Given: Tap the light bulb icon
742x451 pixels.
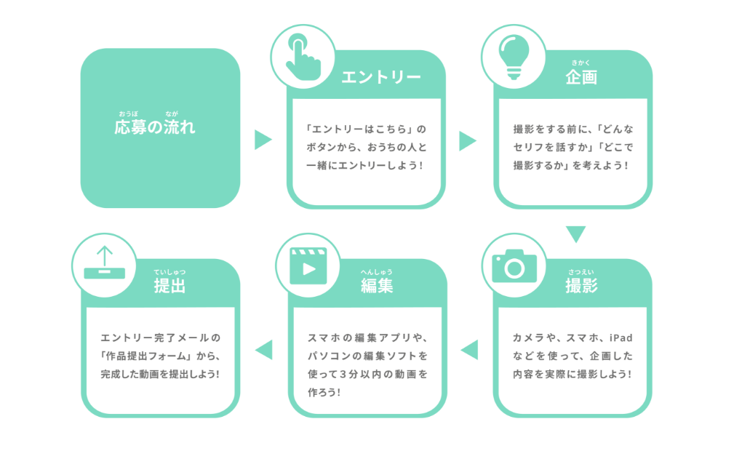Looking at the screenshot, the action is point(514,57).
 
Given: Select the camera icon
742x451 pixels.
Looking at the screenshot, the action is point(514,266).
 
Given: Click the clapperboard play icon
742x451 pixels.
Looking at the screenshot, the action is point(308,266).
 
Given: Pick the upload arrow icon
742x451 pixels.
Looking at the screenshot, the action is point(105,263).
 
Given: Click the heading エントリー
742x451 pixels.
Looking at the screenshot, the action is point(381,77).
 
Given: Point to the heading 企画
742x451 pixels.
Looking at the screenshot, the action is point(581,77).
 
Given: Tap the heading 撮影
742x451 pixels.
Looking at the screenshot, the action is point(581,286).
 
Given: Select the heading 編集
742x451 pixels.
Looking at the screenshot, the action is point(377,286).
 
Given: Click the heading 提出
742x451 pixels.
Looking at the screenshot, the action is point(170,286).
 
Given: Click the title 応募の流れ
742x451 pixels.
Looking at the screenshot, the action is point(155,127).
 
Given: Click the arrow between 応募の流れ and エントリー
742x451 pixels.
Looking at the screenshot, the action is point(263,140).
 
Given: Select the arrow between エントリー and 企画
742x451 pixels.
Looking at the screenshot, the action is point(468,141).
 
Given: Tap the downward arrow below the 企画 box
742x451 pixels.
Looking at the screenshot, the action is point(576,234).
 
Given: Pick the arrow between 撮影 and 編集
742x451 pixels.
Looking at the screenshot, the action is point(469,350).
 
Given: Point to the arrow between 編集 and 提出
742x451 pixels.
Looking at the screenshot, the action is point(263,350).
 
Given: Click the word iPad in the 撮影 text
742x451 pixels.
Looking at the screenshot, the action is point(621,338).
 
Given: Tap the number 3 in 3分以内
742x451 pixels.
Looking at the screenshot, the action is point(343,375).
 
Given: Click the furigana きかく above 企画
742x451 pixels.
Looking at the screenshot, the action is point(581,63).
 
